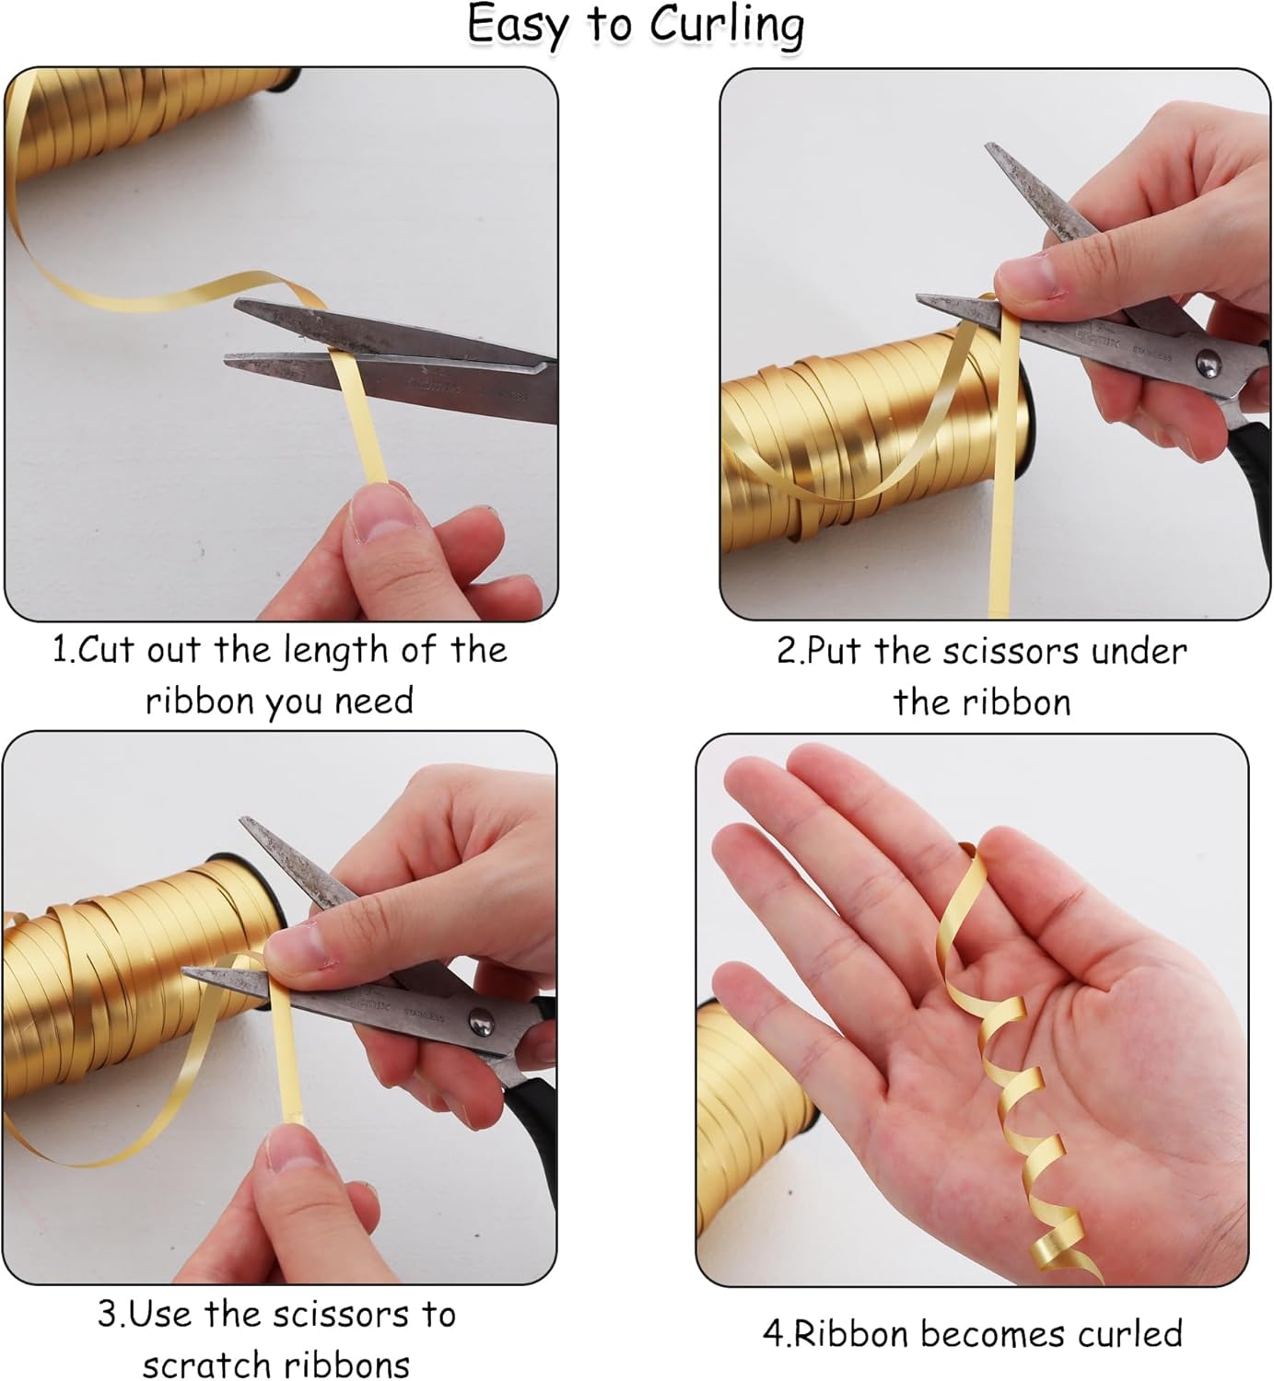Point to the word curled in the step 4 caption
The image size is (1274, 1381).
[x=1130, y=1333]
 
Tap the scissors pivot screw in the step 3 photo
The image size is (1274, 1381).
[x=479, y=1020]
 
